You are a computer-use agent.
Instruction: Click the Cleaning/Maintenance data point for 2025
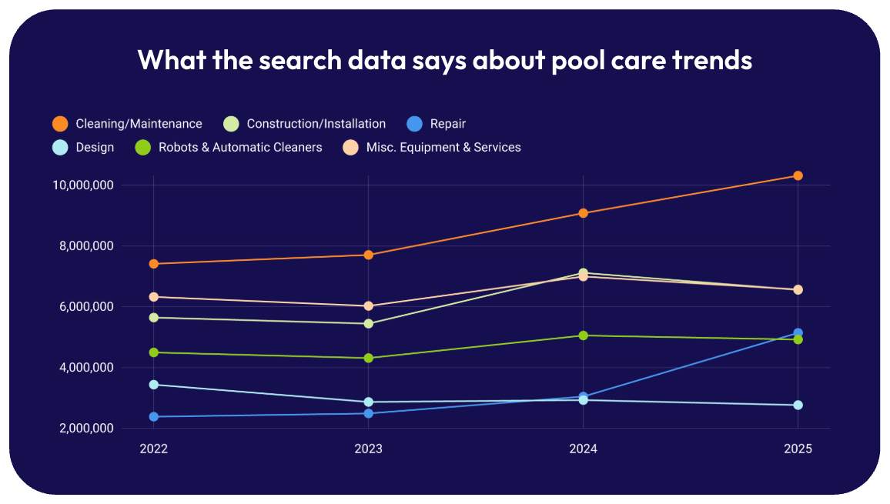pos(798,175)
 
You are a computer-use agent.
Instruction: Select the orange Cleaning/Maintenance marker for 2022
pos(153,264)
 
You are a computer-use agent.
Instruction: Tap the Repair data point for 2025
pos(798,333)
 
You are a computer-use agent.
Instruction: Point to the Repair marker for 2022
pos(153,417)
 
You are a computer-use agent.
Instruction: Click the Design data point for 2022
pos(153,385)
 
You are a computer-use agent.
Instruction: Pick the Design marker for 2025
pos(798,405)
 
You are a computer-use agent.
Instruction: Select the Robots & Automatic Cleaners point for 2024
pos(584,335)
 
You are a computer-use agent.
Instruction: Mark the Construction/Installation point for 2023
pos(369,324)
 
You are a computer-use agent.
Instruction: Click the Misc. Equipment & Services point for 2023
pos(369,306)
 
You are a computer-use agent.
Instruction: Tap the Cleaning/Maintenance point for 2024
pos(584,213)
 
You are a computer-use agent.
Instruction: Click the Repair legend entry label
pos(447,124)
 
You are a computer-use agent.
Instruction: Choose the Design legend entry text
pos(95,147)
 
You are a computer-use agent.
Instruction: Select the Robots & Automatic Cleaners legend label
pos(240,147)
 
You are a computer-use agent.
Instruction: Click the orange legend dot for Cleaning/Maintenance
pos(60,124)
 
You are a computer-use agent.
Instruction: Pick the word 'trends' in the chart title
pos(711,59)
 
